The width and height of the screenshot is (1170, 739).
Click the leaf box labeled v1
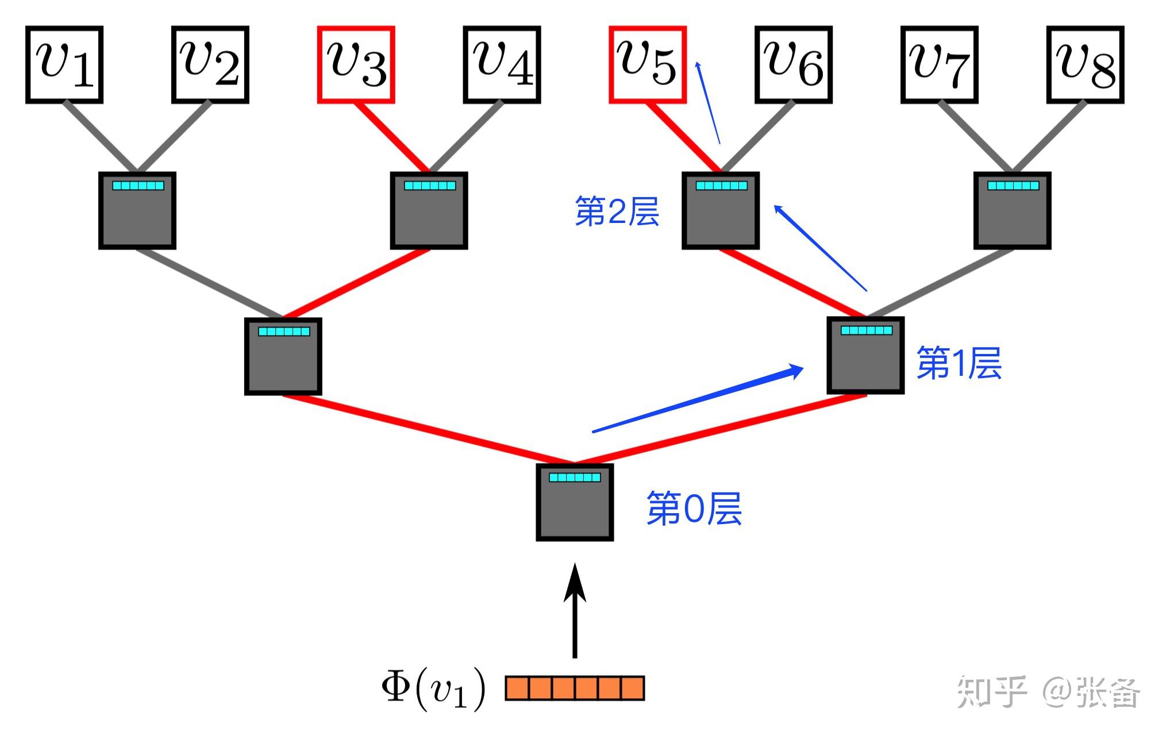coord(64,64)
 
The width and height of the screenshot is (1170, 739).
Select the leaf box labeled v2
coord(210,64)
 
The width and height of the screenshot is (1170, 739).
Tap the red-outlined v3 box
coord(356,64)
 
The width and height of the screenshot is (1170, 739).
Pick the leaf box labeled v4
coord(502,64)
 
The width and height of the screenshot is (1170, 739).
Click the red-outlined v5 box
coord(648,64)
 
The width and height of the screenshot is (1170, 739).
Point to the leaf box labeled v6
coord(794,64)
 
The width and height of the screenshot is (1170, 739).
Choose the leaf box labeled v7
coord(940,64)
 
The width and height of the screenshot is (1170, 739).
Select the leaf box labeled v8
coord(1086,64)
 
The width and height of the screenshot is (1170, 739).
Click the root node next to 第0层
coord(575,502)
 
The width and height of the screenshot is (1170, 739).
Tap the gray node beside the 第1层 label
coord(865,356)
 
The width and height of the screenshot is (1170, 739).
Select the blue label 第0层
coord(694,509)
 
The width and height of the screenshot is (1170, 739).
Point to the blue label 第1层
coord(959,363)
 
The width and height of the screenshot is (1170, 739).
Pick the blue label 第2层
coord(617,211)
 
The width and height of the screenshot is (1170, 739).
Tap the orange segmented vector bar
coord(575,688)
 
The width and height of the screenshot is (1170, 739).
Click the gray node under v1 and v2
coord(137,210)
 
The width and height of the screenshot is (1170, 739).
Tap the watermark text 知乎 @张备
coord(1048,692)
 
